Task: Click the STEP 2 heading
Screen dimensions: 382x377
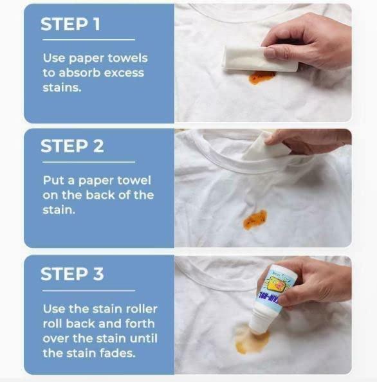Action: coord(72,146)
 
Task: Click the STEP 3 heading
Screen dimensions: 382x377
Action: coord(72,274)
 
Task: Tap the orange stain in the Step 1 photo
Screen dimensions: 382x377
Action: coord(262,77)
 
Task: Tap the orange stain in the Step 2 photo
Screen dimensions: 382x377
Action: coord(255,219)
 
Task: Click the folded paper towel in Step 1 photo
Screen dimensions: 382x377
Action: coord(257,58)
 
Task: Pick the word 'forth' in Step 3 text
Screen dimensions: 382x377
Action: coord(138,323)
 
